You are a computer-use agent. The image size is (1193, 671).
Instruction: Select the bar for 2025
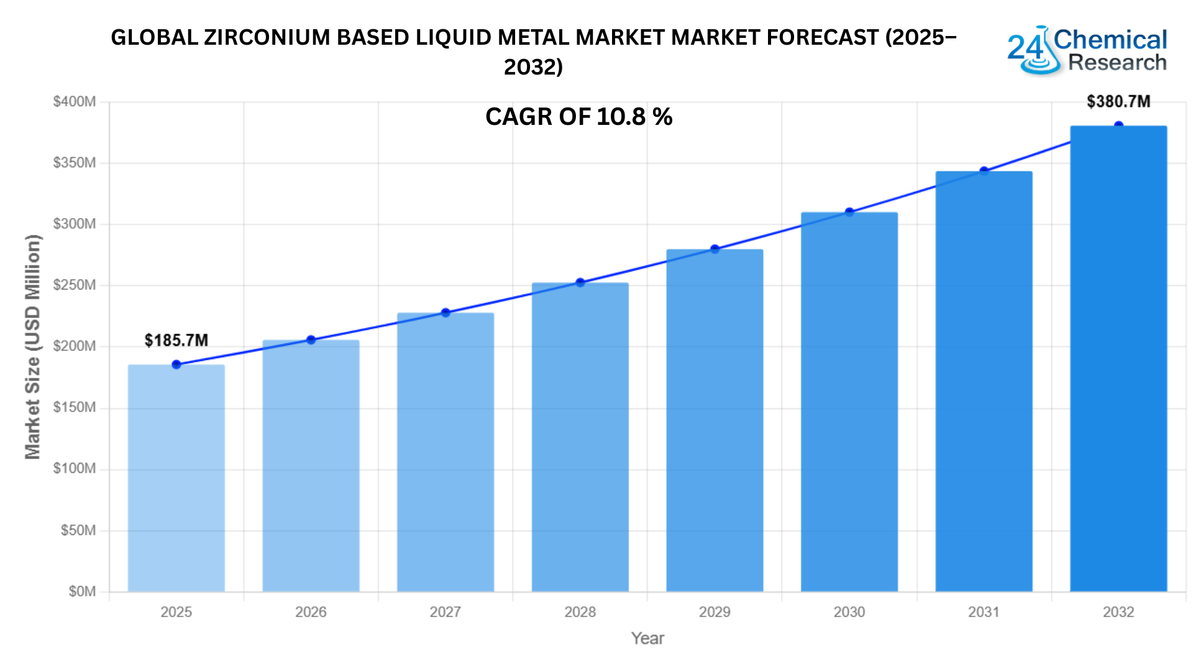176,478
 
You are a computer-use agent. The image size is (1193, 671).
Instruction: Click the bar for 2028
580,437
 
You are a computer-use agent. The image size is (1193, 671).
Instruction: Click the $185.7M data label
176,340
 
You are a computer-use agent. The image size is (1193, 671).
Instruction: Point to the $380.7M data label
1118,101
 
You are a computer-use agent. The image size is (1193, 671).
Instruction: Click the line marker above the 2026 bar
311,340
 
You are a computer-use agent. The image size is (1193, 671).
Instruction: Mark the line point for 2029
715,249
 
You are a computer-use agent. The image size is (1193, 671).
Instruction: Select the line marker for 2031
984,171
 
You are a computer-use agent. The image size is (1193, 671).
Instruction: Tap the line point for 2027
446,313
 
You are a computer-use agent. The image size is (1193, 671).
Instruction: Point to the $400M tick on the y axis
75,101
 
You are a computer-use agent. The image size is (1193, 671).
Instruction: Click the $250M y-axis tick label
75,285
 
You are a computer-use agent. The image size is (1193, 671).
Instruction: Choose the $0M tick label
82,591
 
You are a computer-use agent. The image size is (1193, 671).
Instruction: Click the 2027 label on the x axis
446,612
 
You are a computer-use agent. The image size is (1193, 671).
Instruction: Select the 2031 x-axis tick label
984,612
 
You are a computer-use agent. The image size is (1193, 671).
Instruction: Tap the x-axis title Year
647,638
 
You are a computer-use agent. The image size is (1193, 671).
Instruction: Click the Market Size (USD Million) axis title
32,347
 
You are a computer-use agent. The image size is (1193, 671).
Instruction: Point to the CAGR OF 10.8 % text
578,117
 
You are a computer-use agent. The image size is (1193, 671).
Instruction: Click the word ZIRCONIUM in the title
267,38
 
